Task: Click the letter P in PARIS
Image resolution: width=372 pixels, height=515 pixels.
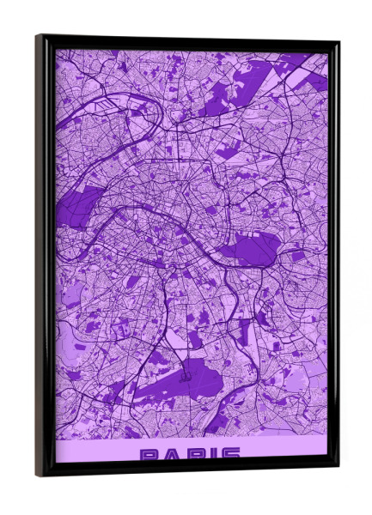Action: click(x=150, y=453)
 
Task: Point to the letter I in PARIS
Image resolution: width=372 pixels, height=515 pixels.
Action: click(x=212, y=453)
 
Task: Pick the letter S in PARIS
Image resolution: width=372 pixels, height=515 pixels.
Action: click(x=229, y=453)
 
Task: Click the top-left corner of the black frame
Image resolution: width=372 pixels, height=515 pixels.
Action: click(x=37, y=36)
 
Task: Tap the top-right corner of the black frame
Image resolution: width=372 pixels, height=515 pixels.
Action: click(x=338, y=42)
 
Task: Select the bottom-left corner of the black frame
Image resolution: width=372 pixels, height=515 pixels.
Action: click(x=38, y=475)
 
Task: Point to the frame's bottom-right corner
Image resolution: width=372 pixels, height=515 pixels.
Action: click(x=338, y=469)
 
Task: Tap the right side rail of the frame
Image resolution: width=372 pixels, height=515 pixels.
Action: click(x=334, y=257)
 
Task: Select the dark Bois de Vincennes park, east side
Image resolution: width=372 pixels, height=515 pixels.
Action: click(x=249, y=249)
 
